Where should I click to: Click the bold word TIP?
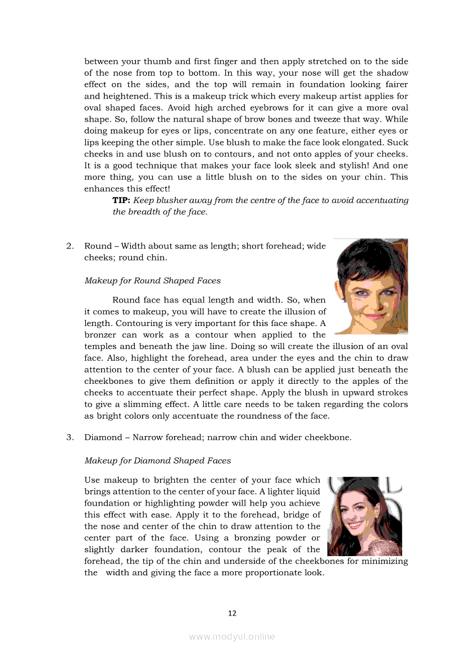121,200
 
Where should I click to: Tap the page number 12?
232,613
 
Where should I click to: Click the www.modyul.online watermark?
232,636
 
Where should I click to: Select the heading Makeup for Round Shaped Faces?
152,281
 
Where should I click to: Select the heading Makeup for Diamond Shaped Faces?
157,461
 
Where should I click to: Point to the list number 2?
70,246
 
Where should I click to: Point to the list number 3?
70,437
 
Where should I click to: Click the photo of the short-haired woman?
371,286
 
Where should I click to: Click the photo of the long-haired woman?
365,516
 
